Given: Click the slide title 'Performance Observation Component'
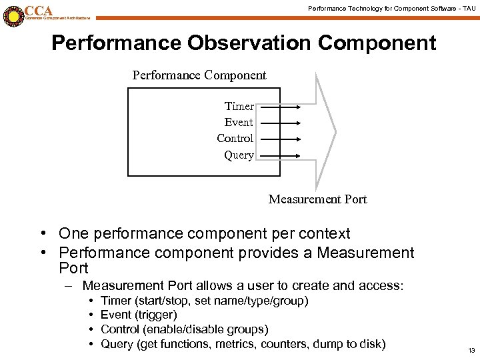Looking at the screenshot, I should [243, 43].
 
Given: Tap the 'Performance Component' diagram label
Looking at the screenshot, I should [199, 75].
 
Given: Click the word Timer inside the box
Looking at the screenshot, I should [239, 106].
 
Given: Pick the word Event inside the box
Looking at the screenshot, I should [239, 122].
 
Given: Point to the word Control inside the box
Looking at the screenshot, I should [235, 139].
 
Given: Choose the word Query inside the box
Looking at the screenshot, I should [239, 155].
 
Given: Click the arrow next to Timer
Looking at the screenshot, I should [279, 106].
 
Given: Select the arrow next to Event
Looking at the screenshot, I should [279, 122].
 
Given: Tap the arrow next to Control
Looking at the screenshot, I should [279, 139].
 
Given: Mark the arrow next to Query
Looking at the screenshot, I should [279, 155].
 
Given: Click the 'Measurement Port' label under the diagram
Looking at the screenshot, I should [317, 199].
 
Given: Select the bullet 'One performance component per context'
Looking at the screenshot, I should [204, 234].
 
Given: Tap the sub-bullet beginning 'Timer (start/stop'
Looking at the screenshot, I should [204, 301].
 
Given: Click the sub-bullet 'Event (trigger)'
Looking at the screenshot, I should [138, 315].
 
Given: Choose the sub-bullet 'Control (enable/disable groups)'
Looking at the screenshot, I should [184, 329].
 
